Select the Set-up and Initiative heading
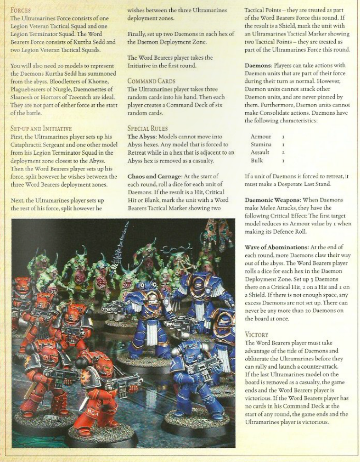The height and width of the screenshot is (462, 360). (x=41, y=128)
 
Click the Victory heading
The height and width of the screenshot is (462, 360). (x=256, y=334)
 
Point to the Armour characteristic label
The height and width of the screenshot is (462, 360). (x=261, y=136)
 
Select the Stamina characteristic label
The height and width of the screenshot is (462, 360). (x=261, y=145)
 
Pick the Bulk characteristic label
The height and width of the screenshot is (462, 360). (x=258, y=161)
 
